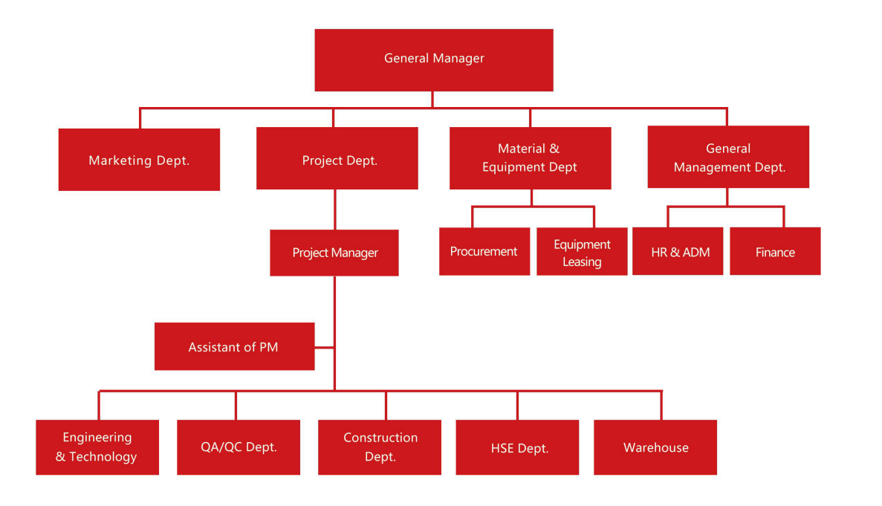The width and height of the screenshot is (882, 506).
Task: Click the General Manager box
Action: tap(433, 59)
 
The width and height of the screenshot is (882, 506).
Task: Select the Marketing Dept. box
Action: tap(139, 160)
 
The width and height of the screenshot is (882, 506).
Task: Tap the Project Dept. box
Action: tap(337, 159)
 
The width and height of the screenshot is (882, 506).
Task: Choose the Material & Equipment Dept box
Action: tap(530, 158)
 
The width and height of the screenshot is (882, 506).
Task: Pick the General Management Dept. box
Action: tap(728, 158)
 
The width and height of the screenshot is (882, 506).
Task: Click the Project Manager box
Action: tap(334, 253)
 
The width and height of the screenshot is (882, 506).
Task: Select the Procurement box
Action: tap(484, 252)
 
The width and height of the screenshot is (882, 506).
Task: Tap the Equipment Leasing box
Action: tap(582, 252)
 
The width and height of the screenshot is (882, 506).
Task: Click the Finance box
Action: tap(775, 252)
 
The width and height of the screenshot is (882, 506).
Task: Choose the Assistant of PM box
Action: tap(234, 346)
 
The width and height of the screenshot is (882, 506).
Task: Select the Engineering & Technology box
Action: tap(97, 447)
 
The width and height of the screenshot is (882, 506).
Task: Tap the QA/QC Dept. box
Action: tap(239, 447)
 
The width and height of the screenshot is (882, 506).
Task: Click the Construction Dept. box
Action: tap(380, 447)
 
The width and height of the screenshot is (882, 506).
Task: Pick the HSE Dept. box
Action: tap(517, 447)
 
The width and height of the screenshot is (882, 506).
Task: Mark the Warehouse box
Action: tap(655, 447)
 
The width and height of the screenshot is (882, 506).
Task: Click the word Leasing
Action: tap(582, 262)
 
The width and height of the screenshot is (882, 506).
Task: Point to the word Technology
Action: tap(103, 457)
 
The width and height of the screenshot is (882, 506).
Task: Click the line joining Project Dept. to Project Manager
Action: tap(334, 210)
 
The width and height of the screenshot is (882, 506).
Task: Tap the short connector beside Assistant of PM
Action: tap(324, 347)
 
